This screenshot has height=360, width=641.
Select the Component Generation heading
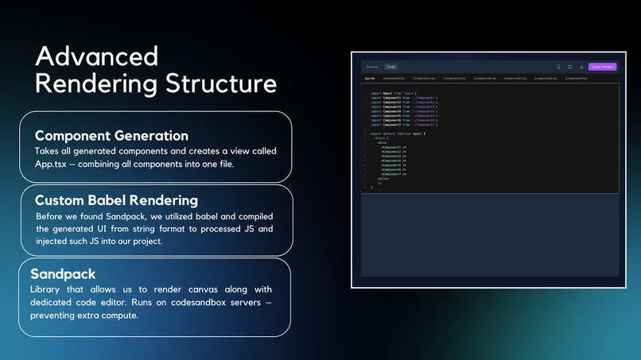pos(111,135)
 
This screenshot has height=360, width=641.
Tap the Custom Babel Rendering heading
pos(116,200)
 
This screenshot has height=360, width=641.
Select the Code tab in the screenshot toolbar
pos(391,67)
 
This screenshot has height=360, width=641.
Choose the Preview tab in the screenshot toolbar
pos(372,67)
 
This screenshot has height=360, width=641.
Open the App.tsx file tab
pos(370,79)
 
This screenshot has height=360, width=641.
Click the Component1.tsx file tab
pos(394,79)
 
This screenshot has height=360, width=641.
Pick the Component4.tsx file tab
pos(484,79)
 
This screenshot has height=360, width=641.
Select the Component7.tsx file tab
pos(576,79)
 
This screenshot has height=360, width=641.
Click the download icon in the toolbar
pos(581,67)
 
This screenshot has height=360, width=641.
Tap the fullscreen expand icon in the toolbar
pos(570,67)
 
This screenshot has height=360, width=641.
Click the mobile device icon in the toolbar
pos(558,67)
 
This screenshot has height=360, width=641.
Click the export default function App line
pos(398,134)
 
